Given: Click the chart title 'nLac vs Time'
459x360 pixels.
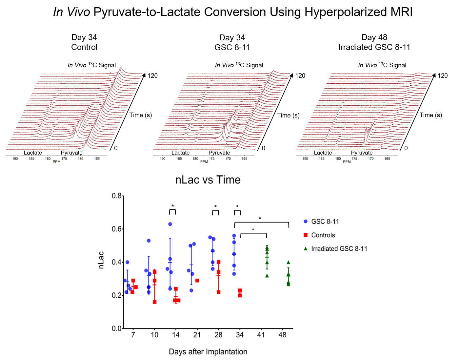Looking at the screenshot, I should [208, 180].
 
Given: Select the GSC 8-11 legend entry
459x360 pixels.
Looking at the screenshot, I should [325, 222].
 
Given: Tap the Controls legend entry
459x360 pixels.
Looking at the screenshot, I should [323, 235].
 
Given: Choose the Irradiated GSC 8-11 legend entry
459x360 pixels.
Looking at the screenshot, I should [339, 249].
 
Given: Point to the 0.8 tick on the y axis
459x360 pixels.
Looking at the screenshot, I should [117, 196].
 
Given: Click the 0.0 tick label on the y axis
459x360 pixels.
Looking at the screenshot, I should [117, 328].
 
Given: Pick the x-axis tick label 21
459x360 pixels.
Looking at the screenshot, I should [197, 335].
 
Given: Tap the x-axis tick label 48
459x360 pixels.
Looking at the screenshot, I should [282, 335].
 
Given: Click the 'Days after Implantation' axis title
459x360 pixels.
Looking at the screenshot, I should [208, 352].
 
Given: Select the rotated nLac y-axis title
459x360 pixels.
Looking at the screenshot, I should [101, 260].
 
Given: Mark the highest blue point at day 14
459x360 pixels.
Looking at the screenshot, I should [170, 224].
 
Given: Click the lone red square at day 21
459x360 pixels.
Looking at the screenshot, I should [197, 281].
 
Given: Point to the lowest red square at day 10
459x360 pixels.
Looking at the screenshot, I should [154, 302].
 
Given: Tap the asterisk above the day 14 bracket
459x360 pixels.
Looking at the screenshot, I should [173, 206].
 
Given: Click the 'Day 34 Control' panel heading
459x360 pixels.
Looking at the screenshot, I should [84, 42].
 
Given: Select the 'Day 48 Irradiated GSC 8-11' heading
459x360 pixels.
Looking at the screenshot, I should [374, 42].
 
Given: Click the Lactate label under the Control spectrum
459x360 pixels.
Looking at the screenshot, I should [33, 153].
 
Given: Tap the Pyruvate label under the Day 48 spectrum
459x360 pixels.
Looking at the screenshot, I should [362, 153].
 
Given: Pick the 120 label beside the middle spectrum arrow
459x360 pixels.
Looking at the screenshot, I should [300, 76].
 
